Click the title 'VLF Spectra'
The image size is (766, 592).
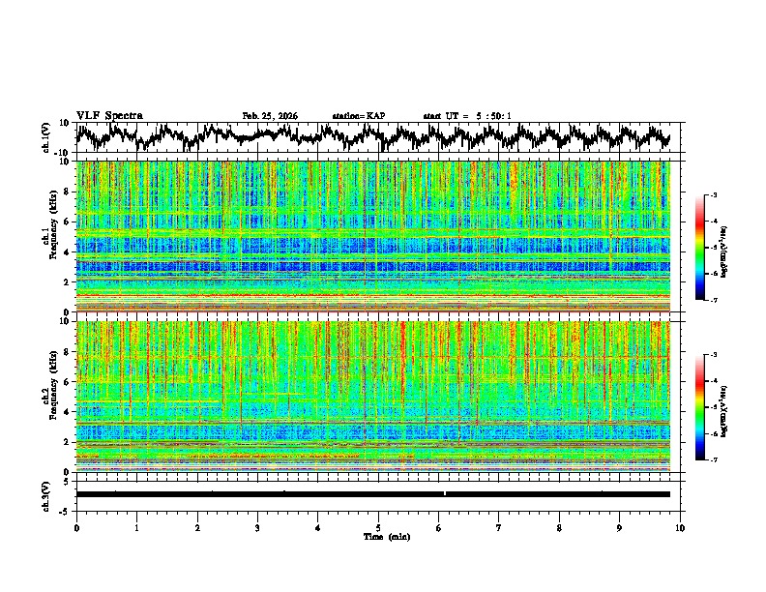pos(109,116)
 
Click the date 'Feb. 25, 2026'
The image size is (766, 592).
pos(270,116)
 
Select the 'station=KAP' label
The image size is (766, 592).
pos(358,116)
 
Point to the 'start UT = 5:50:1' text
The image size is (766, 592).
pos(467,116)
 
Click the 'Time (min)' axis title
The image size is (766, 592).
pos(378,537)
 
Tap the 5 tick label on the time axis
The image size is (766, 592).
pos(378,528)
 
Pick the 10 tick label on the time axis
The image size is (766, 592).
pos(680,528)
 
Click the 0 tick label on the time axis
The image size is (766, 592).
pos(76,528)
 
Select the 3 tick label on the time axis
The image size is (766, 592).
pos(257,528)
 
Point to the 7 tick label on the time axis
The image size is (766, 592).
pos(499,528)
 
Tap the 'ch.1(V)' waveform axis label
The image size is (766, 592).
pos(45,137)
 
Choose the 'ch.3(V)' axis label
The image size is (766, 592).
pos(45,493)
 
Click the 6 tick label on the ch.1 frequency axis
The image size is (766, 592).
pos(67,222)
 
